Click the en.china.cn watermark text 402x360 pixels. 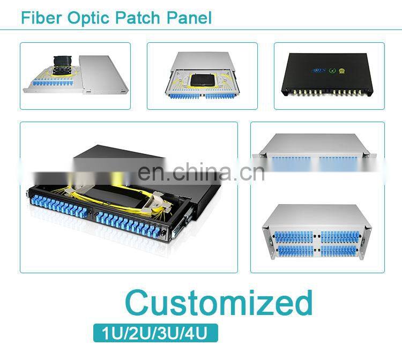tap(200, 172)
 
